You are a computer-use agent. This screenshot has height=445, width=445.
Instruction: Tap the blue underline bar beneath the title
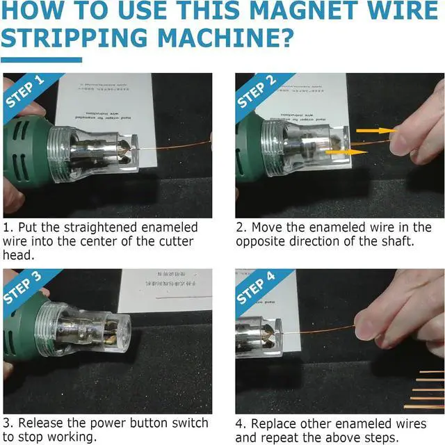click(x=41, y=60)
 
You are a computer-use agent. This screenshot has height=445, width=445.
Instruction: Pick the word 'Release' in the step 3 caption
click(x=44, y=423)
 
